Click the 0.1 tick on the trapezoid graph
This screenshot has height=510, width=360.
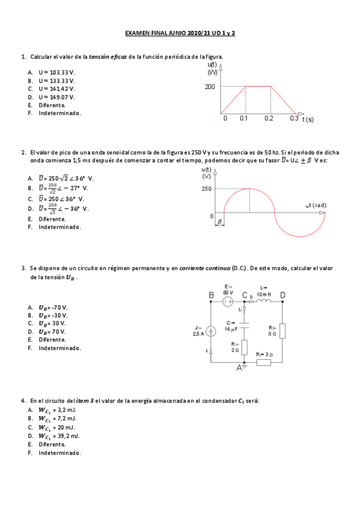tap(244, 118)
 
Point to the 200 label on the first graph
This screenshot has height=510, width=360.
tap(209, 87)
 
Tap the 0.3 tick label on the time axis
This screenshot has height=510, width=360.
tap(294, 118)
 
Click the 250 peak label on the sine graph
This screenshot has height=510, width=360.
tap(207, 188)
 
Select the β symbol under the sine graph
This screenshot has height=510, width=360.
tap(220, 221)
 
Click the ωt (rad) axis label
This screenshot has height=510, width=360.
tap(316, 205)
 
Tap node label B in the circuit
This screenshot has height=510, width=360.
tap(211, 295)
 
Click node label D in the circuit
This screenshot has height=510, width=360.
tap(282, 295)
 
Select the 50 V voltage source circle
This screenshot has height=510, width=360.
tap(228, 301)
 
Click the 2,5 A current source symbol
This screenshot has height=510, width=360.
tap(211, 331)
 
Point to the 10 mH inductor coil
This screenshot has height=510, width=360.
tap(264, 301)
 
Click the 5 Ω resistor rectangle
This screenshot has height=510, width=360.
tap(282, 331)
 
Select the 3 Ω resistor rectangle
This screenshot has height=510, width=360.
tap(264, 362)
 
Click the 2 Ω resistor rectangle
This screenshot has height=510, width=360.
tap(244, 348)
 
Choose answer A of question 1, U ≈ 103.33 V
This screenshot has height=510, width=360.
tap(56, 72)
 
